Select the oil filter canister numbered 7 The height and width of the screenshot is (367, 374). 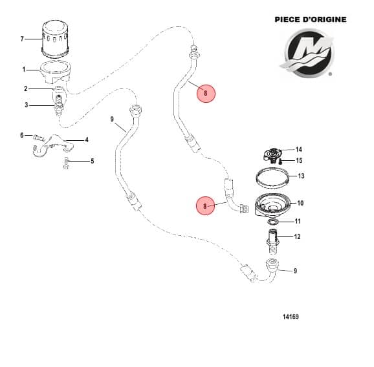59,38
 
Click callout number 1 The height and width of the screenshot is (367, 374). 23,69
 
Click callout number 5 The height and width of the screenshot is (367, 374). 92,161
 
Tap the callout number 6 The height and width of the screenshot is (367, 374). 21,136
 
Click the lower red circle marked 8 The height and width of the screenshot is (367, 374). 205,207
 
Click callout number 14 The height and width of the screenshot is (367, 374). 299,149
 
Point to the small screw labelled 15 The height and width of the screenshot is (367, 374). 281,160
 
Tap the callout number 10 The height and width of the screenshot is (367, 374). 300,203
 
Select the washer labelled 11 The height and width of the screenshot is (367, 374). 273,222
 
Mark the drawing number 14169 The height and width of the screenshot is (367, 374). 291,317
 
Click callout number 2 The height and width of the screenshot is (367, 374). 26,89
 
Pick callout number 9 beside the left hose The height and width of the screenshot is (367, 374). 112,120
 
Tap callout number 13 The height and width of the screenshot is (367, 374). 300,176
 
